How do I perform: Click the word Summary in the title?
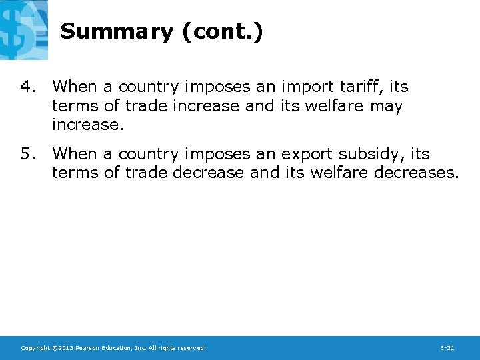pyautogui.click(x=117, y=32)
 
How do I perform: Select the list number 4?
pyautogui.click(x=27, y=87)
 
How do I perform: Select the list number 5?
pyautogui.click(x=27, y=154)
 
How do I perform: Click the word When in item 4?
pyautogui.click(x=75, y=87)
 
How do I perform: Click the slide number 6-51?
pyautogui.click(x=447, y=348)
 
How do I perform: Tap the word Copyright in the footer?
pyautogui.click(x=35, y=348)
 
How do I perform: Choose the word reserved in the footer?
pyautogui.click(x=191, y=348)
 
